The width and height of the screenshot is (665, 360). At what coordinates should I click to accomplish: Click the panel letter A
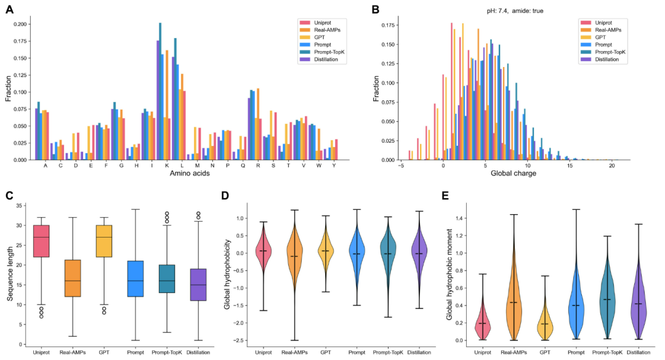(10, 9)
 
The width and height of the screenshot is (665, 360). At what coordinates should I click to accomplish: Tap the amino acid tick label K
(166, 166)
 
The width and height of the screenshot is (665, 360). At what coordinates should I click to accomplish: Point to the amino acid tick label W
(320, 166)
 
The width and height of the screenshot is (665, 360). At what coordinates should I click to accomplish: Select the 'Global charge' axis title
(513, 174)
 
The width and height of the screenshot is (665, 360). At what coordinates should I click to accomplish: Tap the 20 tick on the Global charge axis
(611, 166)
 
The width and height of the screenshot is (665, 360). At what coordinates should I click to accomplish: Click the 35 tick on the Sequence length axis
(21, 206)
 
